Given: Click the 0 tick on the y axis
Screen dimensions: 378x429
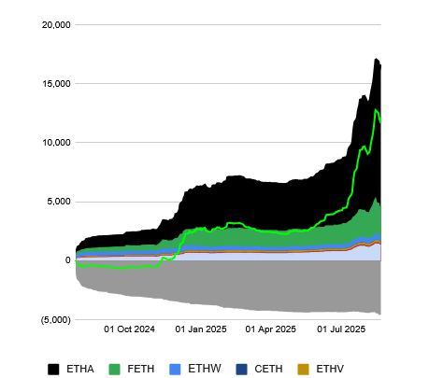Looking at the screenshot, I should click(x=67, y=260).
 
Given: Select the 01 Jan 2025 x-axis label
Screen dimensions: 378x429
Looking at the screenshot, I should click(x=201, y=329).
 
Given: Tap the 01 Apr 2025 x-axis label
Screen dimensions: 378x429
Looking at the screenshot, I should click(x=271, y=329).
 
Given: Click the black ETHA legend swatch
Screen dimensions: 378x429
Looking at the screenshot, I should click(x=53, y=369).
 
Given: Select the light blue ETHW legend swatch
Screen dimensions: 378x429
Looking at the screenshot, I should click(x=179, y=369).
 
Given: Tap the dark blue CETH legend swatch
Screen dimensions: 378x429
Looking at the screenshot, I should click(x=242, y=369).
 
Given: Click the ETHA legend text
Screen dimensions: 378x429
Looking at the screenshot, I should click(x=79, y=369).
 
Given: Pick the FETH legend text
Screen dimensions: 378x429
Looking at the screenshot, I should click(x=141, y=369).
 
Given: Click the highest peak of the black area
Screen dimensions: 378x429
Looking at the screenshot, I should click(x=376, y=59).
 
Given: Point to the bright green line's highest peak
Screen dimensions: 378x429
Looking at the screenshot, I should click(x=376, y=110).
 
